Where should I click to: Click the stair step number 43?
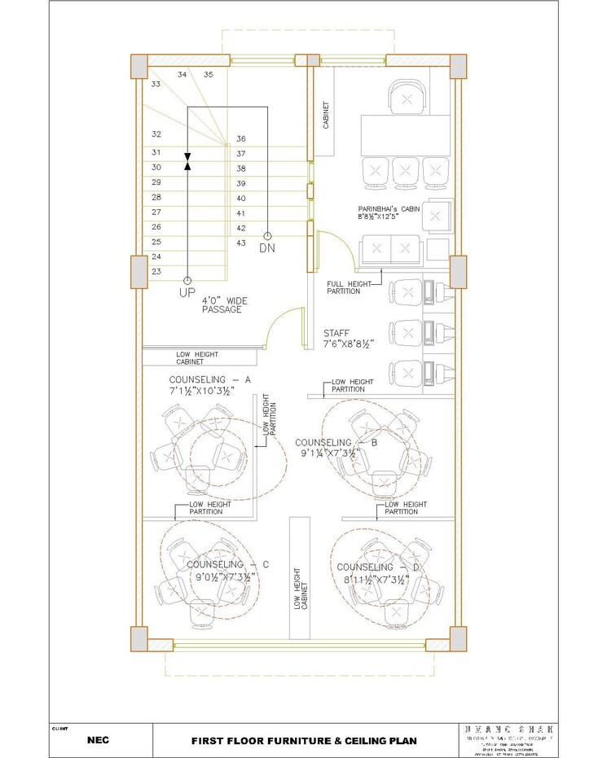click(x=241, y=243)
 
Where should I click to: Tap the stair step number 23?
click(x=156, y=272)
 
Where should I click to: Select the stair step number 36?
click(x=241, y=139)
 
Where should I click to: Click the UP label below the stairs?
click(x=187, y=291)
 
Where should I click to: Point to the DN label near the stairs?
click(x=267, y=248)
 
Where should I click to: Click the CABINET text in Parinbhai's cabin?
click(x=326, y=116)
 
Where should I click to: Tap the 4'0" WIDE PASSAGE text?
click(x=224, y=305)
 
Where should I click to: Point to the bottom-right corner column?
click(x=458, y=639)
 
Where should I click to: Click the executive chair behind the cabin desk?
click(x=407, y=98)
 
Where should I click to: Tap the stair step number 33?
click(x=155, y=84)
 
